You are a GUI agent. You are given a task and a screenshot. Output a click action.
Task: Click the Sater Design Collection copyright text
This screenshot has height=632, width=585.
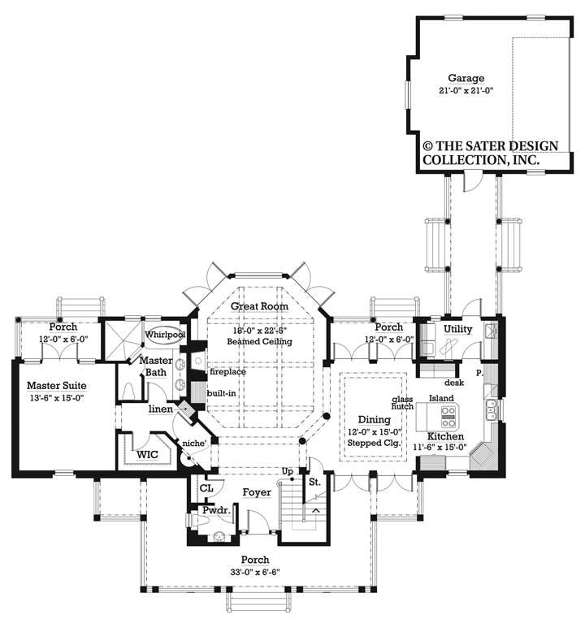coord(489,153)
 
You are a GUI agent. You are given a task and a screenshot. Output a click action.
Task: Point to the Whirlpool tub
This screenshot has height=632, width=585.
coord(166,335)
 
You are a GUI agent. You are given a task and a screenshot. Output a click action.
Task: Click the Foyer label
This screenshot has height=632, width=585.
coord(256,492)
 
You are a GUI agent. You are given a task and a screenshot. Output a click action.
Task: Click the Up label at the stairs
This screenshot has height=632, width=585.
coord(287,472)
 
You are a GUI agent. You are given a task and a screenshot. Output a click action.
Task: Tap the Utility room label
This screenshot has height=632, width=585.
coord(458,328)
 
